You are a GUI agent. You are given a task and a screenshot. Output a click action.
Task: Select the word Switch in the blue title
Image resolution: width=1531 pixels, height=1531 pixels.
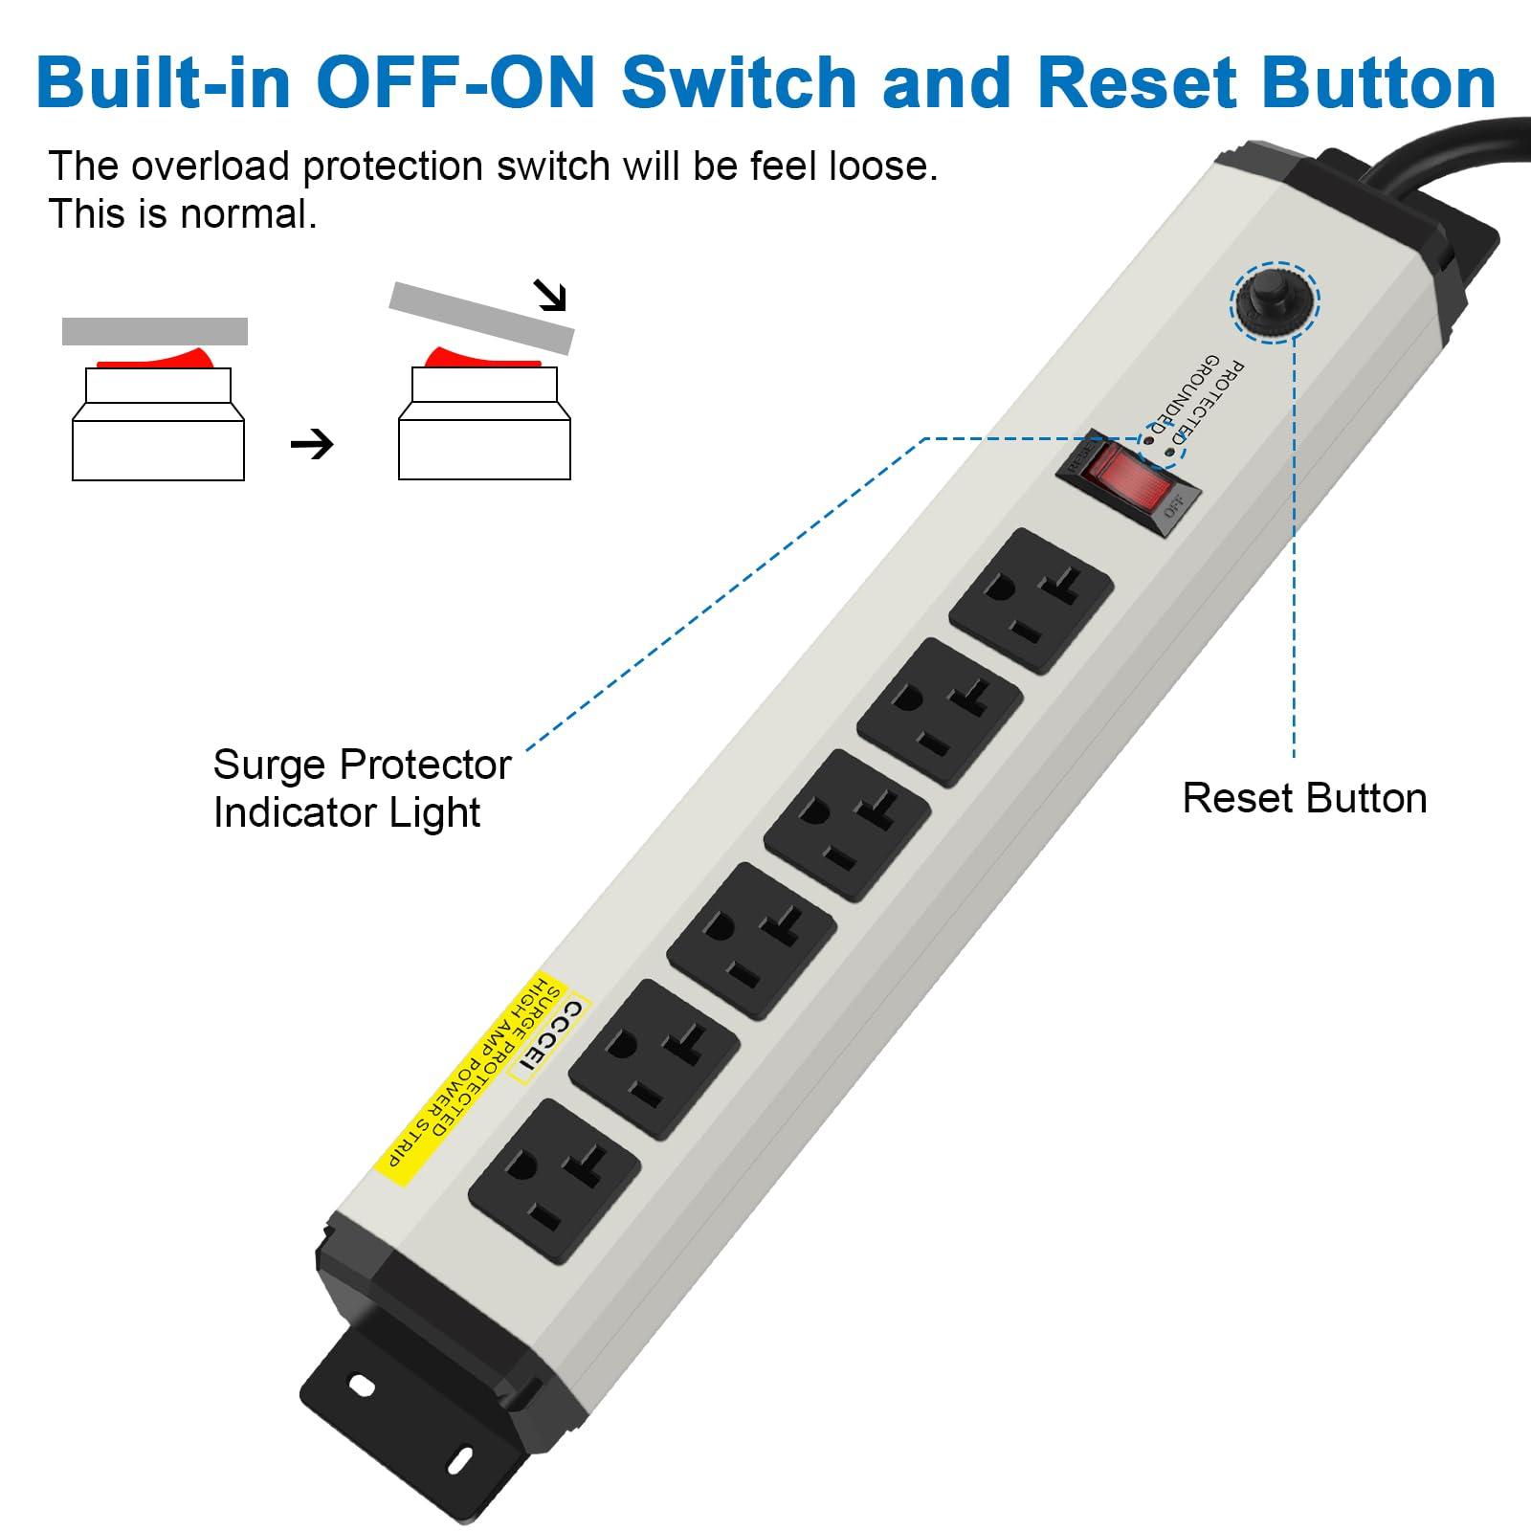[739, 82]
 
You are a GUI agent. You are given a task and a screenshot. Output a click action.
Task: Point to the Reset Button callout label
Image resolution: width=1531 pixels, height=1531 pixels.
[1304, 798]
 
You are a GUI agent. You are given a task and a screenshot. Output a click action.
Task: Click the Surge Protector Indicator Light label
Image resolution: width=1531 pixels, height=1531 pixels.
[362, 788]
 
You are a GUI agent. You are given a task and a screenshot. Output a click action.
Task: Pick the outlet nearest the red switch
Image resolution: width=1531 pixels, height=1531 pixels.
[1032, 601]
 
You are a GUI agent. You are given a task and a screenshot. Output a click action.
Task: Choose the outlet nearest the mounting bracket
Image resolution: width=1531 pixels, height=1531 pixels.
[554, 1180]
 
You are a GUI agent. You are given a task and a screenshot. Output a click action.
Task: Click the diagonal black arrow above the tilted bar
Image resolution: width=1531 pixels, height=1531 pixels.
[551, 296]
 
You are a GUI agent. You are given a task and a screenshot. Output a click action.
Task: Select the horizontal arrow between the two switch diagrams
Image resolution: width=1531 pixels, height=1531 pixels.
[312, 444]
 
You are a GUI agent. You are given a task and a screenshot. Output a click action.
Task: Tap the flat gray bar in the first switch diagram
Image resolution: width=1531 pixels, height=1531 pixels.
[155, 331]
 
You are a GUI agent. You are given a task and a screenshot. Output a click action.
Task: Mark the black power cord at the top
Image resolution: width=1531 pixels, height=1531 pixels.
[1435, 148]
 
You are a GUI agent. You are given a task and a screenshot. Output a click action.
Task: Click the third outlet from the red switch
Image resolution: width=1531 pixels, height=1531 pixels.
[847, 824]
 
